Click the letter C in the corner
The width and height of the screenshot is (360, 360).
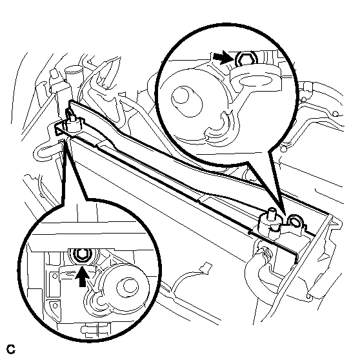(11, 350)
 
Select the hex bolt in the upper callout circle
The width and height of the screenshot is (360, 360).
(245, 59)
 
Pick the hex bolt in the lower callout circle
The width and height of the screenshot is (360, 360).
(82, 255)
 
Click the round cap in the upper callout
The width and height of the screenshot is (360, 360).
(186, 101)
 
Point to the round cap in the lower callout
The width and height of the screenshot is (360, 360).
(128, 288)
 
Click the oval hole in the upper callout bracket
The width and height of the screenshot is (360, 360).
(255, 81)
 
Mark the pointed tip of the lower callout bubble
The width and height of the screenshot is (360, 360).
(65, 139)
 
